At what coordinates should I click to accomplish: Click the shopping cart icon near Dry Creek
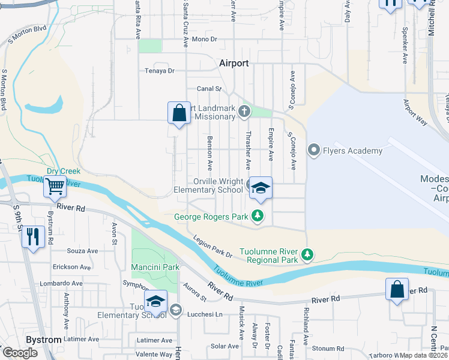click(x=55, y=187)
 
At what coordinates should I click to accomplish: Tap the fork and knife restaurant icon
click(x=33, y=236)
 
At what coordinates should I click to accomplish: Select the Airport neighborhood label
click(x=234, y=63)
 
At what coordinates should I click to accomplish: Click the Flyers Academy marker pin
click(x=313, y=150)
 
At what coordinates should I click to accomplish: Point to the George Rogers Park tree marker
click(x=258, y=216)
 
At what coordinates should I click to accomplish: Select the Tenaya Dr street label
click(x=159, y=70)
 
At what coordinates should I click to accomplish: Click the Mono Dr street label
click(x=205, y=39)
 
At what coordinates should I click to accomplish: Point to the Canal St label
click(x=210, y=89)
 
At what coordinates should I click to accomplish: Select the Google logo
click(x=20, y=353)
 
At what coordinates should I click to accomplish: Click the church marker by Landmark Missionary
click(x=244, y=110)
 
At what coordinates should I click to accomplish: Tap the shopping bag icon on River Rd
click(x=397, y=289)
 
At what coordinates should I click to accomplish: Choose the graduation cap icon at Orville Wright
click(x=261, y=188)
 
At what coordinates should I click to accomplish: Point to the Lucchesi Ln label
click(x=204, y=314)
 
